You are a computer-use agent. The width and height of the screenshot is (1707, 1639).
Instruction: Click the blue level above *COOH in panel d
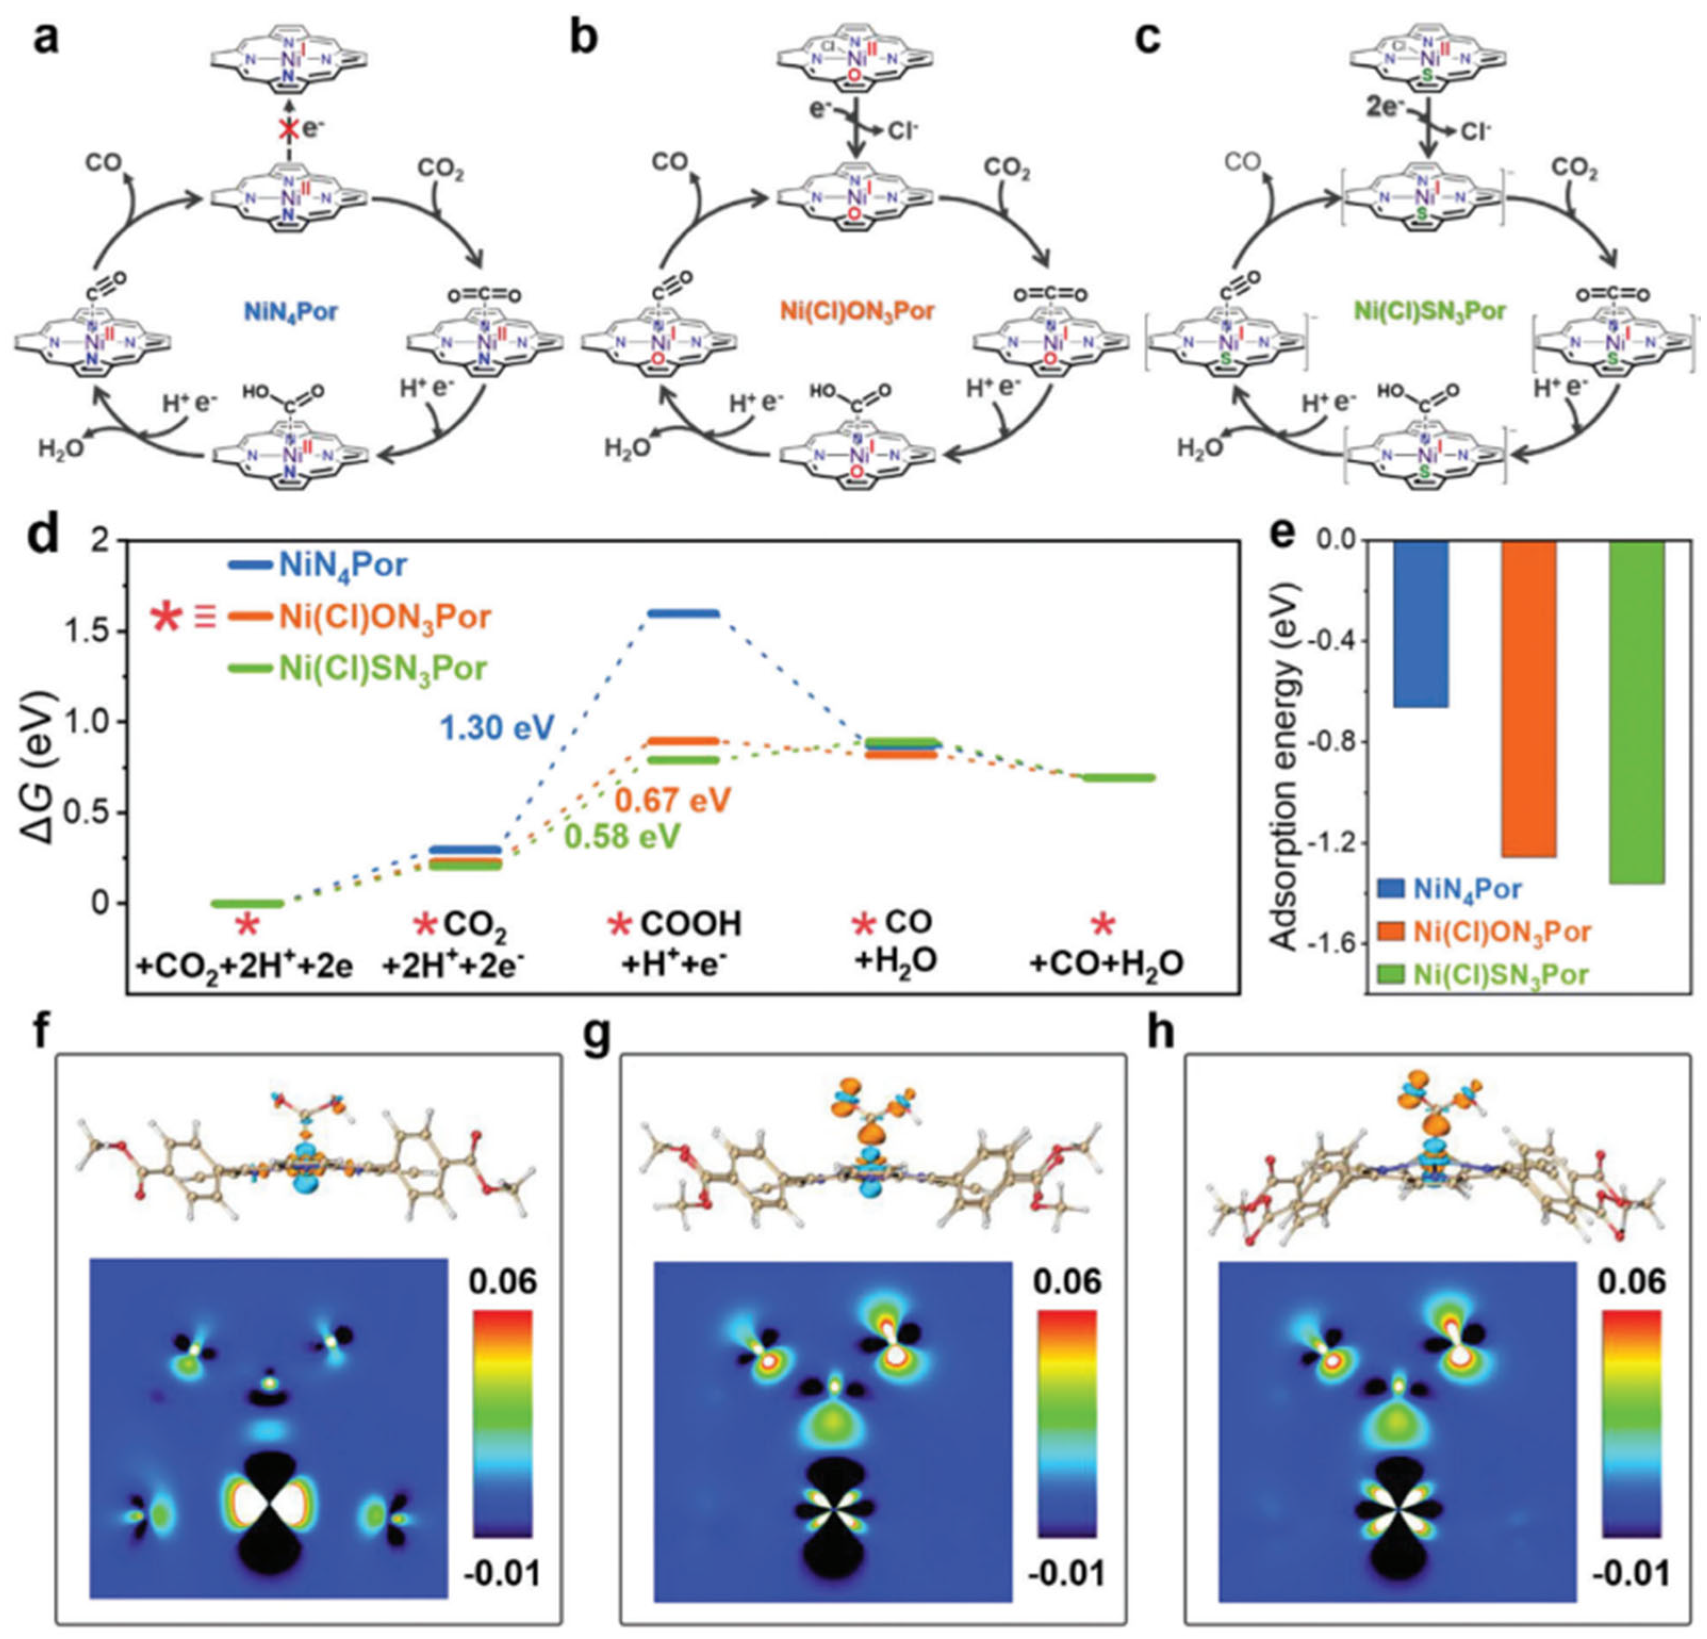pos(683,613)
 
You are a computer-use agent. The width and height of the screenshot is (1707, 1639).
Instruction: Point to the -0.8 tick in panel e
pos(1328,742)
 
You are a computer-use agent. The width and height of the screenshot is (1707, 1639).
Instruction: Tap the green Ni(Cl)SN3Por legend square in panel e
pos(1391,975)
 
